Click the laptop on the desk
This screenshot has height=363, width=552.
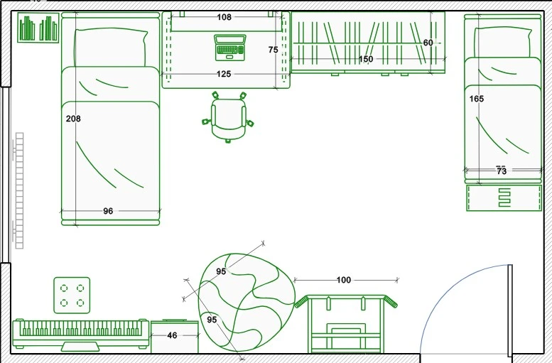pos(230,48)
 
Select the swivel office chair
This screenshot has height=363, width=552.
pos(228,117)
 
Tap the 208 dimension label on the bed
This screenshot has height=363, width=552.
pos(73,119)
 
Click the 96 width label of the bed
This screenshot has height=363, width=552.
pos(108,211)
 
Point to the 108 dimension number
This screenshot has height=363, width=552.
pos(224,17)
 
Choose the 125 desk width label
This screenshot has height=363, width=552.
pos(224,74)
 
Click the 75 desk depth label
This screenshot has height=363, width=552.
pos(273,50)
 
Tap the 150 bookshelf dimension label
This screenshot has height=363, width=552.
pos(366,59)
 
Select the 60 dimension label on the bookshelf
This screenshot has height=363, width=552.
pos(428,43)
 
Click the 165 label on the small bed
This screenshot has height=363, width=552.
pos(477,99)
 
